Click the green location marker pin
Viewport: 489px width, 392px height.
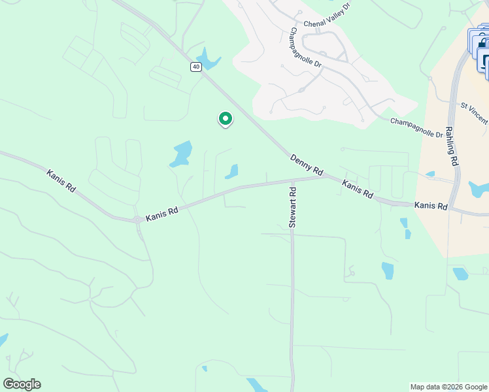(225, 119)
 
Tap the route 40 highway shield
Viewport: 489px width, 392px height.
(196, 67)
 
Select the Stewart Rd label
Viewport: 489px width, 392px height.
(293, 207)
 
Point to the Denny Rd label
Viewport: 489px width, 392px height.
(307, 165)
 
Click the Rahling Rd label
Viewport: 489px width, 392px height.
(452, 140)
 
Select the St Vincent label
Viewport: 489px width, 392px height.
(475, 112)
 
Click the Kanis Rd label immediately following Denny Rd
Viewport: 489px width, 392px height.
(357, 190)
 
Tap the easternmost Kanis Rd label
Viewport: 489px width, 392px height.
(430, 206)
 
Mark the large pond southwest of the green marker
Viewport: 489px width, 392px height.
(181, 154)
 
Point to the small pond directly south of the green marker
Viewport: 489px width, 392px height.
(231, 172)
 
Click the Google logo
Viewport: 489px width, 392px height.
(22, 384)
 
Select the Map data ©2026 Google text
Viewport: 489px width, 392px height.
(448, 387)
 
